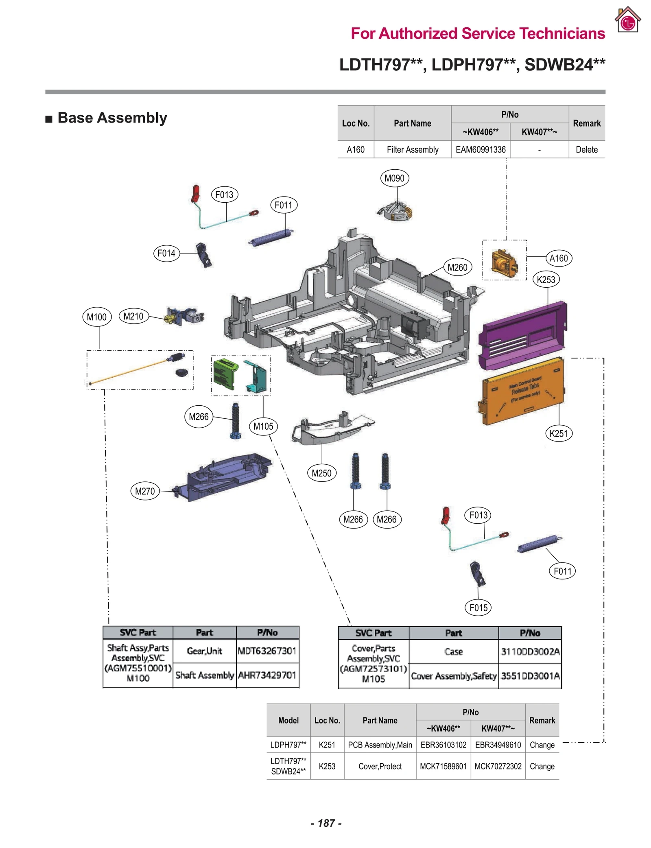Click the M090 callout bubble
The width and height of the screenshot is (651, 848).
tap(394, 178)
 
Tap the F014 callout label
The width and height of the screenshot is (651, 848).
tap(166, 253)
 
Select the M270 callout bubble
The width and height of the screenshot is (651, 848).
tap(145, 491)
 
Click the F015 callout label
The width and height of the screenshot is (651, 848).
tap(478, 608)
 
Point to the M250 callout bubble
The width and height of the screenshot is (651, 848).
tap(321, 473)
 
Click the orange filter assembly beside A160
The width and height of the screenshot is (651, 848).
tap(504, 263)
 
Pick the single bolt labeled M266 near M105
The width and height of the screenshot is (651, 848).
tap(236, 421)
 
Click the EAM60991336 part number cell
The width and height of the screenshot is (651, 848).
tap(480, 149)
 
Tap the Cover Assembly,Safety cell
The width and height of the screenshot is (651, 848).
tap(453, 676)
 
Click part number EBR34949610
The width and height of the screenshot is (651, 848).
tap(498, 745)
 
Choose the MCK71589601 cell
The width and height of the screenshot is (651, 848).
tap(443, 766)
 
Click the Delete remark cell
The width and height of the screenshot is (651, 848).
tap(586, 149)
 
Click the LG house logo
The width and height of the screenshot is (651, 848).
tap(627, 20)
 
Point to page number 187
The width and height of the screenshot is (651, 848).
tap(326, 823)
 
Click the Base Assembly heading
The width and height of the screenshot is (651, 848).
tap(112, 118)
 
